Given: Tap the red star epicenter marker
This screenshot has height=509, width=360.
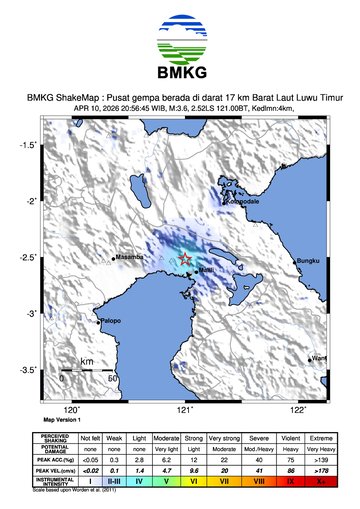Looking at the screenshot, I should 186,260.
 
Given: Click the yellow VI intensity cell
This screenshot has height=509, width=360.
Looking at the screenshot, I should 196,481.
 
